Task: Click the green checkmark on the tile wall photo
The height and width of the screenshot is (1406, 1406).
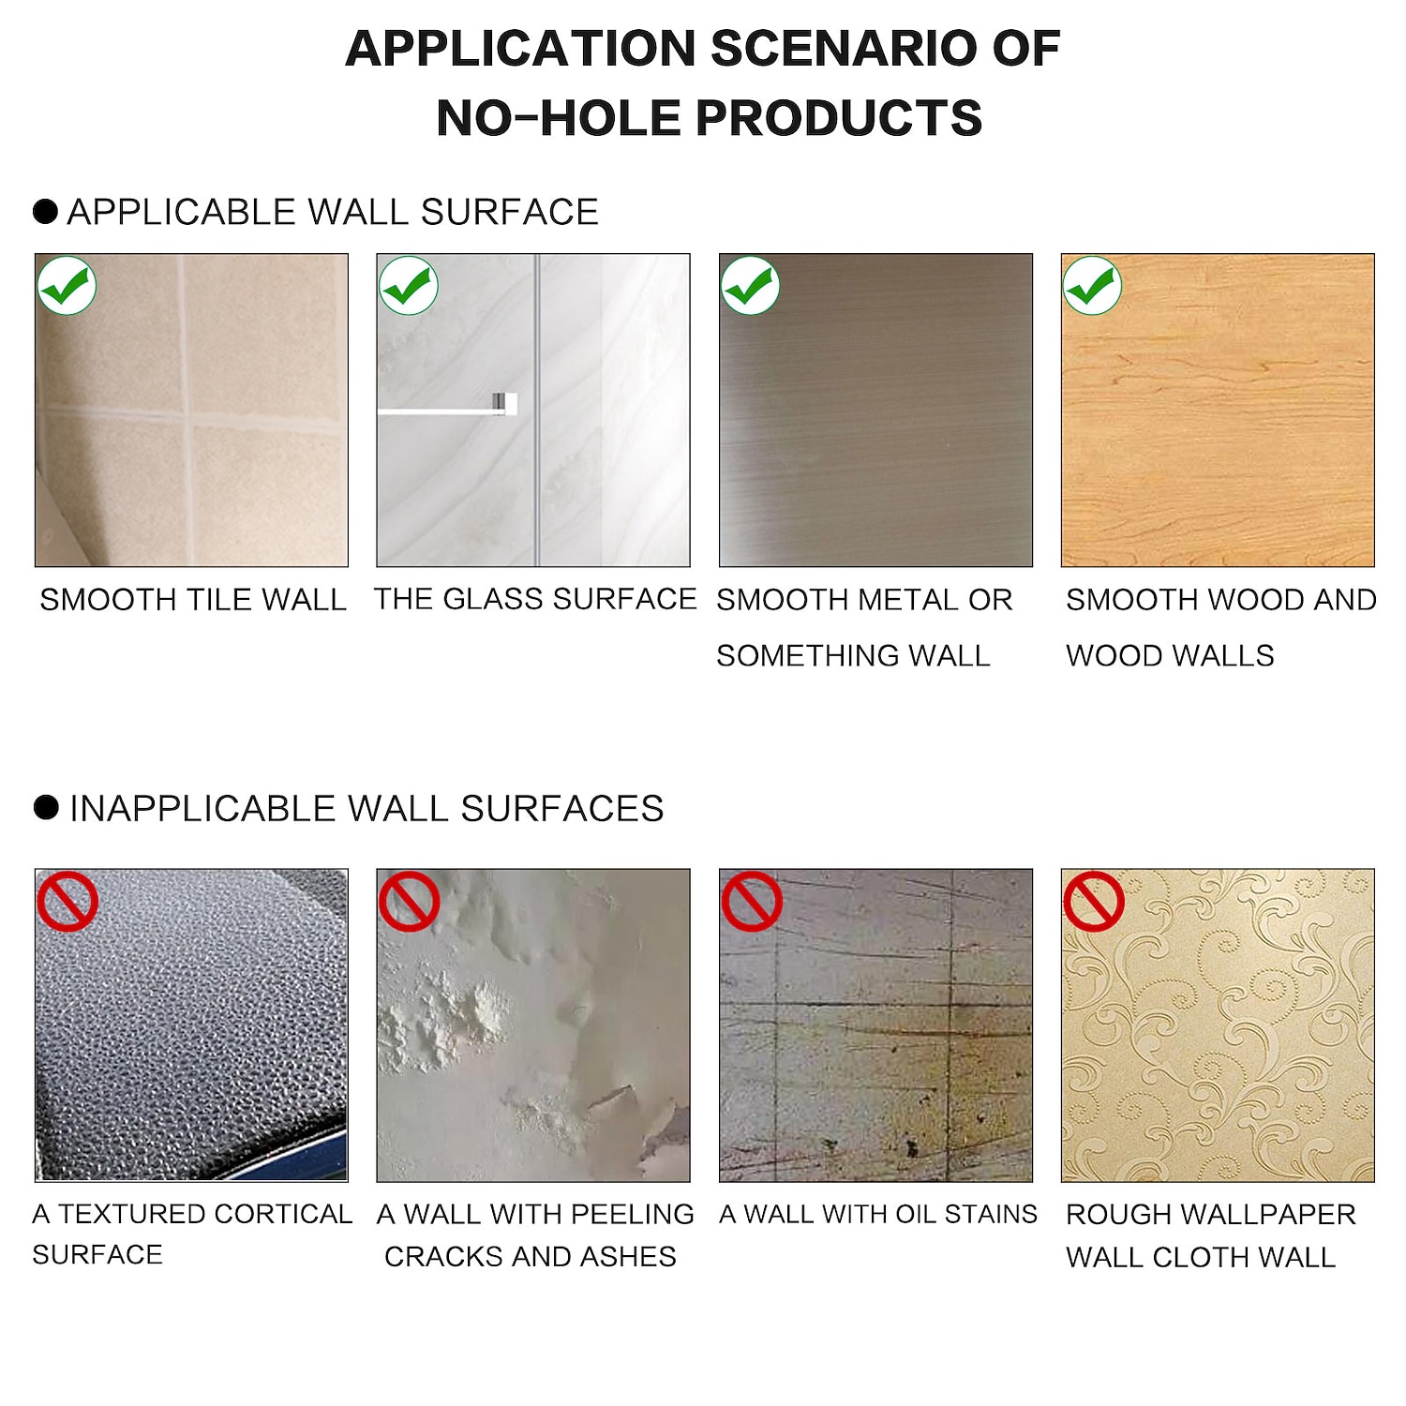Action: click(x=67, y=285)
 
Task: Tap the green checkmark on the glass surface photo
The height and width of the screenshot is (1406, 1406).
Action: click(x=409, y=285)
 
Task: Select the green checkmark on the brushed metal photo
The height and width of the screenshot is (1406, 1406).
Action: click(x=750, y=285)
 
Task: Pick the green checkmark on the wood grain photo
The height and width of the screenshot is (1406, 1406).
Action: click(x=1092, y=285)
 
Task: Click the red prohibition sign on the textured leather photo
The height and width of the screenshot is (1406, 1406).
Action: click(x=67, y=902)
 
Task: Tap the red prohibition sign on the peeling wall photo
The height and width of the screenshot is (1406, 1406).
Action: click(x=409, y=902)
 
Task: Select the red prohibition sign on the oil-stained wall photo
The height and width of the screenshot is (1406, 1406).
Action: click(x=751, y=902)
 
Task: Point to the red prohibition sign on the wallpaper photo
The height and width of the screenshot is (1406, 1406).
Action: click(x=1093, y=902)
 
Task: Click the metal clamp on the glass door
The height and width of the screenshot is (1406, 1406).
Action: click(x=505, y=403)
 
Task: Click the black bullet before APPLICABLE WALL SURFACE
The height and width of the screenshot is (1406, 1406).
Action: click(x=45, y=212)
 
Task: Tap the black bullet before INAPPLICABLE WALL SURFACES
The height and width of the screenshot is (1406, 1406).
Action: click(x=46, y=807)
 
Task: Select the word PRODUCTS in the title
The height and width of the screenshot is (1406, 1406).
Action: click(x=839, y=118)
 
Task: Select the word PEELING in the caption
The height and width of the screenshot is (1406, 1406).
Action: click(x=632, y=1214)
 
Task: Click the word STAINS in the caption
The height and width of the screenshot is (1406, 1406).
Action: click(x=991, y=1214)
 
